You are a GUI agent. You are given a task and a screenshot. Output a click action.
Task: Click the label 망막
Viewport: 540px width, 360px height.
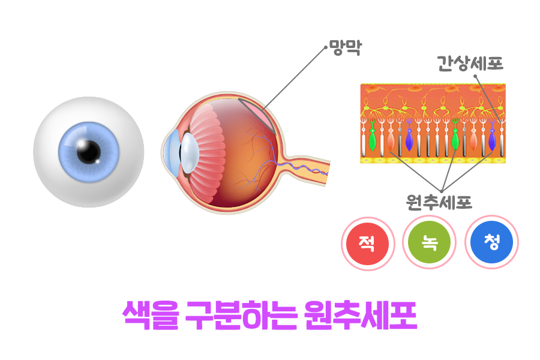[x=346, y=48]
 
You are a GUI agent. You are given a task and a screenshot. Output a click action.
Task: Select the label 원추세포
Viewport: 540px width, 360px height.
[x=439, y=203]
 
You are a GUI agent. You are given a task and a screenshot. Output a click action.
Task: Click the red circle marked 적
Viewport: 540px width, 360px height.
[x=367, y=243]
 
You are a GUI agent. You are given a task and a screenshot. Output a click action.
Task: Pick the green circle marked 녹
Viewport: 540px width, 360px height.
[x=428, y=243]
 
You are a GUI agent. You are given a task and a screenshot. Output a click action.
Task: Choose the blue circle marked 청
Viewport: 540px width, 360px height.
[x=491, y=243]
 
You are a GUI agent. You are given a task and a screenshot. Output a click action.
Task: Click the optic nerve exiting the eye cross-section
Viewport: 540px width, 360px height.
[x=309, y=170]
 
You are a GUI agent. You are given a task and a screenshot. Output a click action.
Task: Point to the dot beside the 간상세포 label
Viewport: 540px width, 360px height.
[x=474, y=76]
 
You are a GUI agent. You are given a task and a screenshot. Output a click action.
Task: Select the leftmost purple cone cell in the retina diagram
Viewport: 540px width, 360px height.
[x=409, y=140]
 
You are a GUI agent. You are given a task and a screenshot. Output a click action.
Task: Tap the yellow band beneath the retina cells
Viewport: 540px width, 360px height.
[x=433, y=160]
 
